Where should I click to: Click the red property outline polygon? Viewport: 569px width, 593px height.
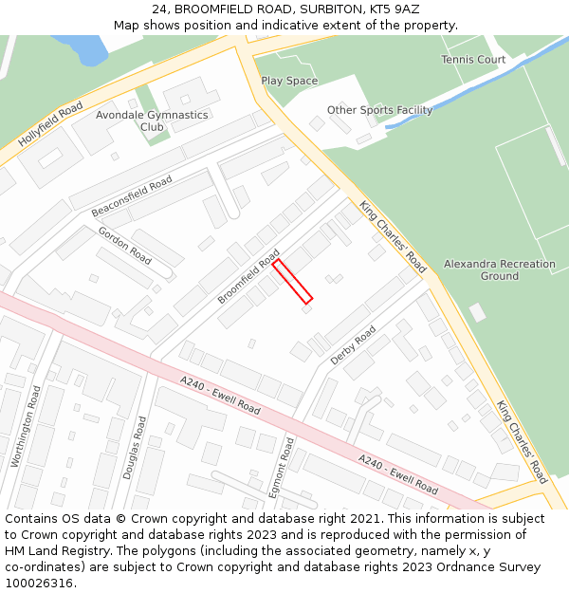click(x=293, y=281)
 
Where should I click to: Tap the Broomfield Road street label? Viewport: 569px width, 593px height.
click(x=248, y=276)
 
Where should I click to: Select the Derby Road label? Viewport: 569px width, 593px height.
click(x=354, y=345)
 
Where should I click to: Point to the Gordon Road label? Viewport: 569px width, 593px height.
click(x=125, y=246)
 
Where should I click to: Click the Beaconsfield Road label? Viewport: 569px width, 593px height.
click(x=132, y=195)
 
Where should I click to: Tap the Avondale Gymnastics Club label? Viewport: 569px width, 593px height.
click(x=152, y=120)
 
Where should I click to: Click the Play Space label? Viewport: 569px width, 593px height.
click(x=289, y=82)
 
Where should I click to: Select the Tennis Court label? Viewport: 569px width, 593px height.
click(x=473, y=60)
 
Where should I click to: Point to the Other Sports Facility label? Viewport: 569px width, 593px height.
click(x=379, y=110)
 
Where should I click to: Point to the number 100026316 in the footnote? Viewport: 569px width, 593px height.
click(x=39, y=584)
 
